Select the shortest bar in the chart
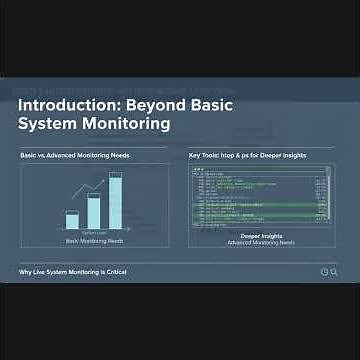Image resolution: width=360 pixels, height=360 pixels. coord(72,221)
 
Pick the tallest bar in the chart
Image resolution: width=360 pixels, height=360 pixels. coord(115,203)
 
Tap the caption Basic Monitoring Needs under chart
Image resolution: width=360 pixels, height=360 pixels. coord(93,242)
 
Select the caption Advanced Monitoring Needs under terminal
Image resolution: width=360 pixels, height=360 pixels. coord(260,243)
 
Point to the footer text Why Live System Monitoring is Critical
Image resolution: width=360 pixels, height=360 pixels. coord(73,272)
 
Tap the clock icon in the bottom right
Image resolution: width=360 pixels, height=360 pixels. coord(324,272)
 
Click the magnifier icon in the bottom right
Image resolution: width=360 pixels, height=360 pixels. coord(334,272)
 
